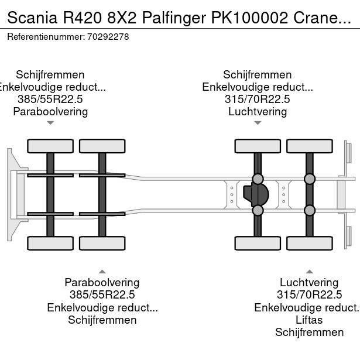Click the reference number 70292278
click(108, 36)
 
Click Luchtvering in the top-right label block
click(258, 111)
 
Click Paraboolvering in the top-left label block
click(50, 111)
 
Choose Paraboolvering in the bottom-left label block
click(102, 283)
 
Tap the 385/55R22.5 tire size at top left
click(50, 99)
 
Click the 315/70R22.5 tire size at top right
click(258, 99)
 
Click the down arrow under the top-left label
click(50, 123)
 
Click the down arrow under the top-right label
click(258, 123)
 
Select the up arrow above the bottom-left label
click(102, 271)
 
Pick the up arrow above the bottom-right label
click(310, 271)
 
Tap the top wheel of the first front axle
click(50, 146)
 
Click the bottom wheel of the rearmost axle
click(310, 243)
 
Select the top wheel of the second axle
click(102, 146)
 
